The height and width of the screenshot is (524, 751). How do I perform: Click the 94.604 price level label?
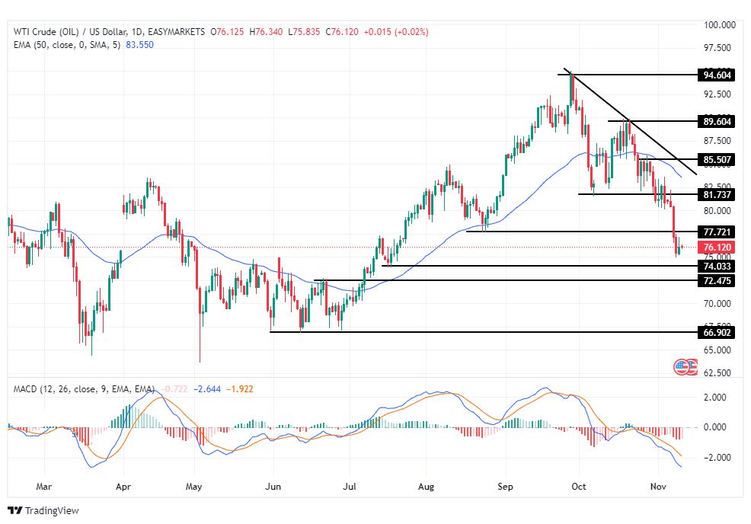(x=717, y=75)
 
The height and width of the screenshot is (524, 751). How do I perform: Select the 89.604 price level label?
(x=717, y=121)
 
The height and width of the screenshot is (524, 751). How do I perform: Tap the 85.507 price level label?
(x=717, y=160)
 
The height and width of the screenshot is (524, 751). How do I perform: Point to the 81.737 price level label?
(x=717, y=195)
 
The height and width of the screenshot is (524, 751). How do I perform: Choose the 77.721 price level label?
(x=717, y=232)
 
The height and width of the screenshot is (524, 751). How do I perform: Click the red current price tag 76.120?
(x=717, y=248)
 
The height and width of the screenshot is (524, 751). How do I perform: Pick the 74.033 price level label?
(x=717, y=266)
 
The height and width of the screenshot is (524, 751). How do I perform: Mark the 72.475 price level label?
(x=717, y=281)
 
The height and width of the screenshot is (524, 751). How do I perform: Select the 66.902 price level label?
(x=717, y=332)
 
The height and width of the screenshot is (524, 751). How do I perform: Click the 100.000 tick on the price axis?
(x=719, y=25)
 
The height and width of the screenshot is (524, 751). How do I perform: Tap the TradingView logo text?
(x=52, y=510)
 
